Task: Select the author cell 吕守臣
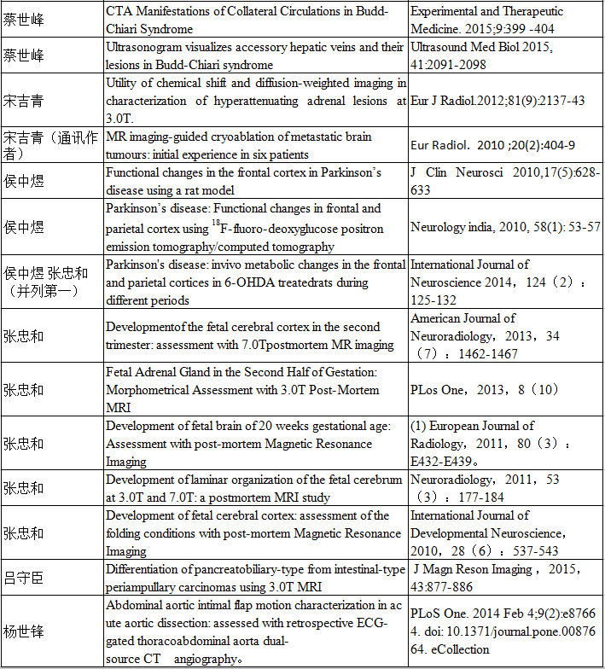25,578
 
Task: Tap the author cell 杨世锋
25,631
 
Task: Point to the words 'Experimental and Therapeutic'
486,12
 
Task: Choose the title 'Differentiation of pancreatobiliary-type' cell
247,578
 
